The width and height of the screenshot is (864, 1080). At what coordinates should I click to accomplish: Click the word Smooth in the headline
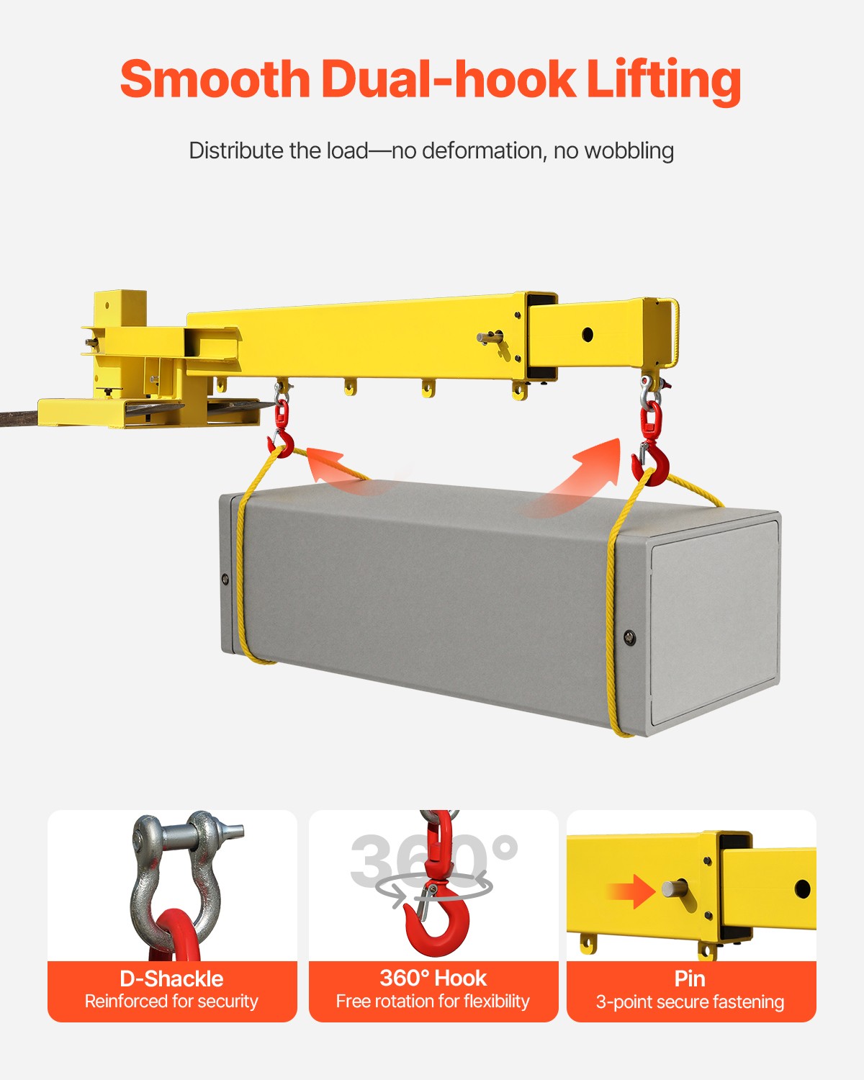point(215,79)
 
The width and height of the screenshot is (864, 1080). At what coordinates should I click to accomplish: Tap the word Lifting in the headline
point(663,79)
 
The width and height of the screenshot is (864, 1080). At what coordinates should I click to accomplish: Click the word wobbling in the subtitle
point(629,150)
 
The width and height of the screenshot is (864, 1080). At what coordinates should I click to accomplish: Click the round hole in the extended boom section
point(588,334)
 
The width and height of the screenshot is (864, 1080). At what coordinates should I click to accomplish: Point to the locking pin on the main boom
point(490,336)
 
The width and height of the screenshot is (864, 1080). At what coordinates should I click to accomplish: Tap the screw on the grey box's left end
point(225,579)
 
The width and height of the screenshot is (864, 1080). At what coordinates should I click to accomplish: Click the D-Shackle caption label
point(171,978)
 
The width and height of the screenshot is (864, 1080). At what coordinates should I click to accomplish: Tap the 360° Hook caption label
point(433,978)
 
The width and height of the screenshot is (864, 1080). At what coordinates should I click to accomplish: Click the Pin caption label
point(690,978)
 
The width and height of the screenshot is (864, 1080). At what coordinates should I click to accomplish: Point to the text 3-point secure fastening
point(690,1002)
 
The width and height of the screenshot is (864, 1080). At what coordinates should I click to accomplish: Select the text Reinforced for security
point(171,1002)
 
